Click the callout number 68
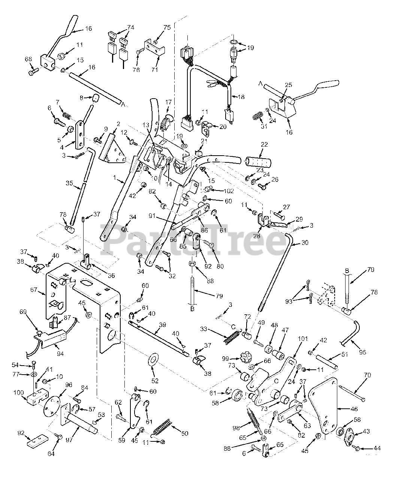pos(28,59)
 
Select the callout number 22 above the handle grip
pos(264,145)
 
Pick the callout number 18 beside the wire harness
pos(241,97)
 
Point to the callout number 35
pos(69,184)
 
